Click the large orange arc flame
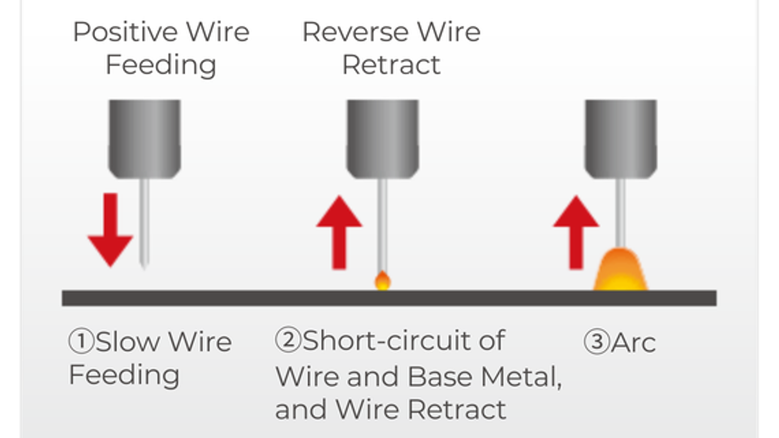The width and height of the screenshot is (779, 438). pos(621,271)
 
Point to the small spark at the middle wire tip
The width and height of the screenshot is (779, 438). pos(382,281)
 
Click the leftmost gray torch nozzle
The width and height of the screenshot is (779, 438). pos(144,138)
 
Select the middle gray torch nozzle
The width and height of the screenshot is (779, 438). pos(383,138)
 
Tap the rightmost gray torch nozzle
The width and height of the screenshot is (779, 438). pos(621,138)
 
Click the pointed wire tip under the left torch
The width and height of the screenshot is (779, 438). pos(144,261)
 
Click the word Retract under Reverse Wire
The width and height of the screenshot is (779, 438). pos(391,64)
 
